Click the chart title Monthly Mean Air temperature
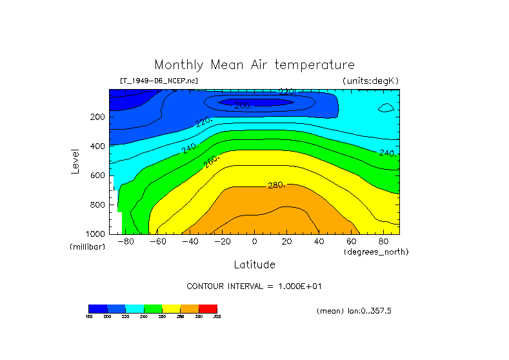click(x=254, y=65)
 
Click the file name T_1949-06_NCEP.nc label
click(x=159, y=81)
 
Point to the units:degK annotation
click(x=370, y=81)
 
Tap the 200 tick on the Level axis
click(x=98, y=117)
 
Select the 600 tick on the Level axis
click(x=98, y=175)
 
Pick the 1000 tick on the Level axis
click(x=96, y=234)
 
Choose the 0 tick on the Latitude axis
click(x=254, y=241)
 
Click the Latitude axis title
click(x=254, y=265)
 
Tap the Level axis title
click(x=76, y=161)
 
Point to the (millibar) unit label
click(x=87, y=247)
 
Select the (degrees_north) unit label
click(x=376, y=251)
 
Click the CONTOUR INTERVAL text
click(x=254, y=286)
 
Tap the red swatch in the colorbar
click(x=208, y=308)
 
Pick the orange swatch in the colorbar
click(x=190, y=308)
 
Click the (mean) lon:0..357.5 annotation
click(x=354, y=311)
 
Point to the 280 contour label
click(x=275, y=186)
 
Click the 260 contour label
click(x=211, y=162)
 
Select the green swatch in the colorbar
click(x=153, y=308)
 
